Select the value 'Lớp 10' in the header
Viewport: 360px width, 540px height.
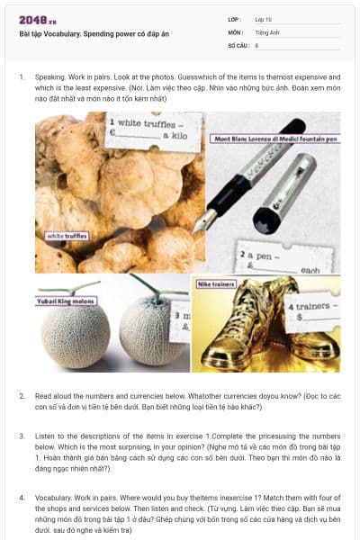pyautogui.click(x=264, y=19)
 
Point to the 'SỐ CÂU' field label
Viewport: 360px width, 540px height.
pyautogui.click(x=237, y=44)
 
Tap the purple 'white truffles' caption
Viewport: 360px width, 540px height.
pyautogui.click(x=67, y=235)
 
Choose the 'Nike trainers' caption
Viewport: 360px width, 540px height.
pyautogui.click(x=218, y=284)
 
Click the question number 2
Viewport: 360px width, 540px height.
pyautogui.click(x=22, y=395)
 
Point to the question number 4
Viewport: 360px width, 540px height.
pyautogui.click(x=22, y=496)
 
